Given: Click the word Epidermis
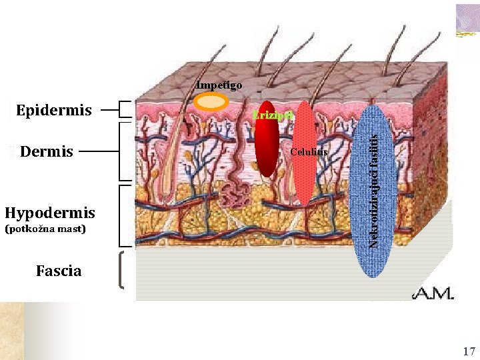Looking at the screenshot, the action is tap(54, 110).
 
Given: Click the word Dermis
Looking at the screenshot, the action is tap(47, 151).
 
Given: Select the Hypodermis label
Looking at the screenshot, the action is tap(50, 213).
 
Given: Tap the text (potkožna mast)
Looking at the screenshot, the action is tap(45, 229).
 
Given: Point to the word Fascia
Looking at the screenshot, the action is tap(59, 271).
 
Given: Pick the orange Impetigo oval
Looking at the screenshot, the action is tap(211, 101).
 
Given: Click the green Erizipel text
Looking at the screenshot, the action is tap(271, 116).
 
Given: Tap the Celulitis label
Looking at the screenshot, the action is tap(309, 152).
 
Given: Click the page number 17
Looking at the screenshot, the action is tap(469, 351).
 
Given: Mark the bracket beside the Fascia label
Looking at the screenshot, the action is tap(122, 270).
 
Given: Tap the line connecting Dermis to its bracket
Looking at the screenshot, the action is tap(99, 151).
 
